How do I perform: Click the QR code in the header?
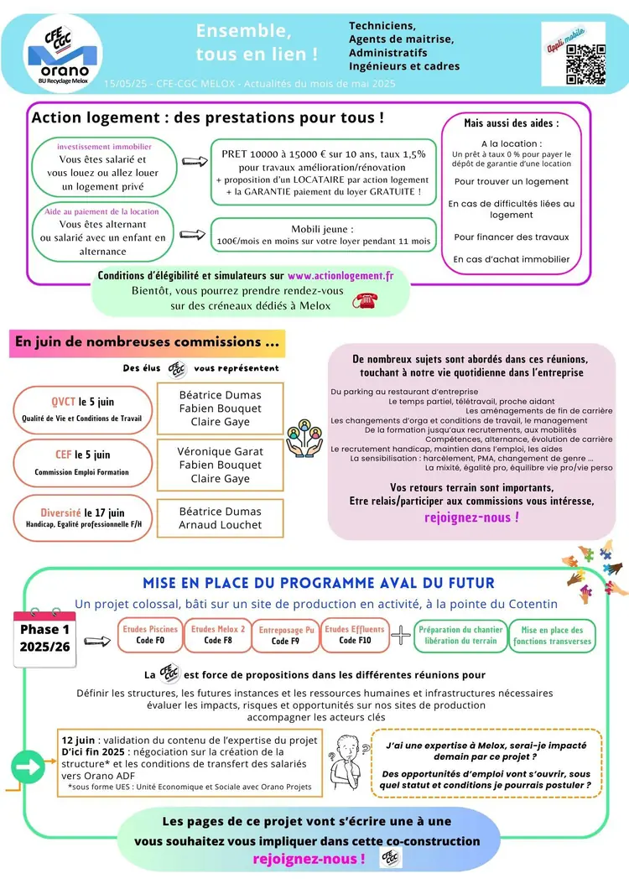point(585,63)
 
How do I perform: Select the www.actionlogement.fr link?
point(340,275)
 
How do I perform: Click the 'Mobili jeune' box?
point(323,235)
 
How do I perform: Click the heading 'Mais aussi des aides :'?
point(512,122)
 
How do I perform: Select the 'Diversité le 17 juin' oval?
point(82,517)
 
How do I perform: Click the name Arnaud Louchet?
point(221,525)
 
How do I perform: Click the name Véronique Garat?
point(220,451)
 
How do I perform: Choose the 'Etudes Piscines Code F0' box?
point(150,635)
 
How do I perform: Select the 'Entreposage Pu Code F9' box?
point(286,636)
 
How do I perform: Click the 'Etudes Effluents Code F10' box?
point(354,635)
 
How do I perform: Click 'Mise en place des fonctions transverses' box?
point(552,635)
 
